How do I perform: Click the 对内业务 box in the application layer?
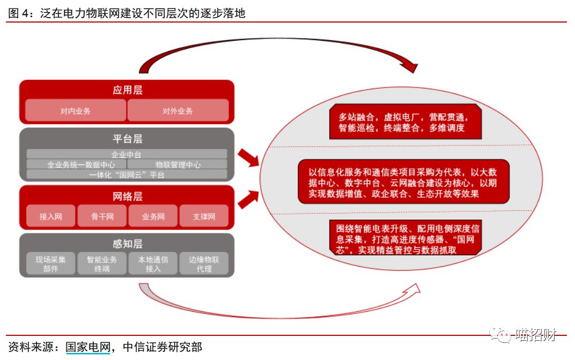tap(76, 111)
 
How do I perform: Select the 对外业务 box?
tap(178, 111)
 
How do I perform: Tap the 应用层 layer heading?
tap(127, 90)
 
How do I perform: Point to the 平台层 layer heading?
tap(127, 139)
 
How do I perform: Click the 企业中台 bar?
tap(127, 155)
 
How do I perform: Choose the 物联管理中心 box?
tap(178, 165)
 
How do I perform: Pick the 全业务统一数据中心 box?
tap(77, 165)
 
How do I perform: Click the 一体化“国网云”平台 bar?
tap(127, 174)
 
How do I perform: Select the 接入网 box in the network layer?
tap(50, 216)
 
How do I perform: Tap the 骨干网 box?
tap(102, 216)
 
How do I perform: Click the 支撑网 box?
tap(204, 216)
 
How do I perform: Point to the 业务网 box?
tap(153, 216)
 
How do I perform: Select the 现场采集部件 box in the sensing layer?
tap(50, 263)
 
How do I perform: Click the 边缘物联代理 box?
tap(204, 263)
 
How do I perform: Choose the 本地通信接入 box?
tap(153, 263)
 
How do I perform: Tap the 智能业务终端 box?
tap(102, 263)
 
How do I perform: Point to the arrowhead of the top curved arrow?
tap(410, 67)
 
